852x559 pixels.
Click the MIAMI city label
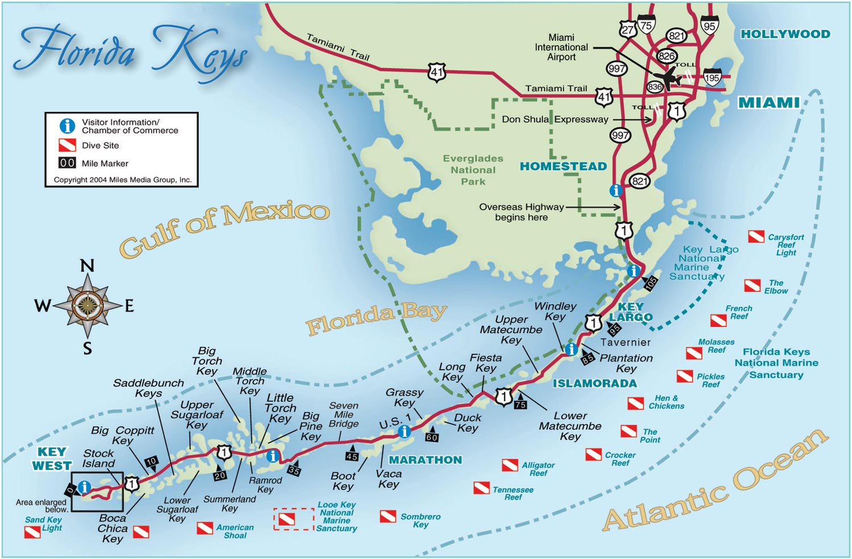coord(769,103)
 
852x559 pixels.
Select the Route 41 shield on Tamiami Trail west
coord(436,72)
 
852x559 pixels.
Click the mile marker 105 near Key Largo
coord(650,282)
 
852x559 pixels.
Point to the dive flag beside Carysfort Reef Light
coord(755,237)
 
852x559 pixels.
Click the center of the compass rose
coord(87,305)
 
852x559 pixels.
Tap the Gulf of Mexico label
coord(224,226)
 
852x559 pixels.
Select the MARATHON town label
coord(425,460)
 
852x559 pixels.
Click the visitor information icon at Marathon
coord(404,431)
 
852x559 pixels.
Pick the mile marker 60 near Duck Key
coord(432,437)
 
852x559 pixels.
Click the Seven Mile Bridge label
coord(344,415)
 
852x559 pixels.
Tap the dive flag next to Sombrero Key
coord(388,516)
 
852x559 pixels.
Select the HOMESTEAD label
coord(563,166)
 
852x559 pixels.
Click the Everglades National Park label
coord(473,170)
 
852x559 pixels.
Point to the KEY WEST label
coord(52,459)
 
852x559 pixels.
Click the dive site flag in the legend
coord(67,145)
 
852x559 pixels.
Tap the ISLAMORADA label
coord(595,384)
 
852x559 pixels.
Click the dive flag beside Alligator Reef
coord(509,465)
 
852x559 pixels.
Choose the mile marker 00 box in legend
coord(67,163)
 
